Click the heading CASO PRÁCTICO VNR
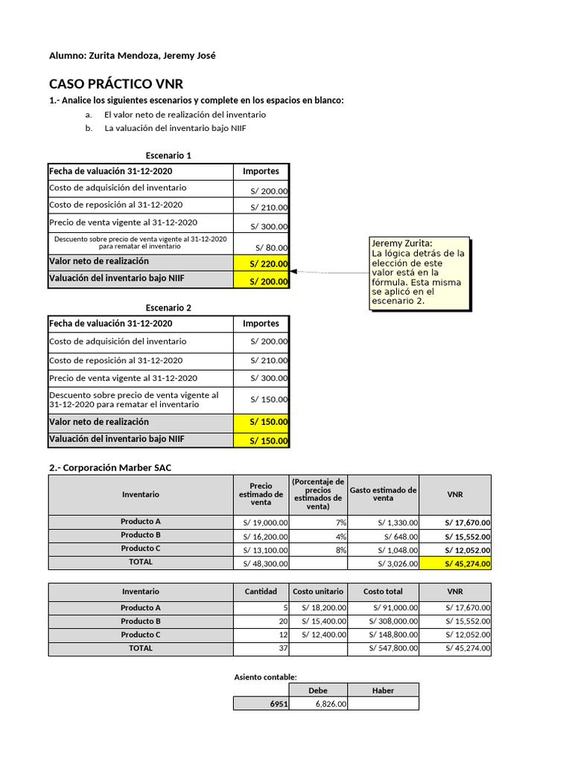tap(115, 83)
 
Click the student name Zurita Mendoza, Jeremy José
tap(151, 56)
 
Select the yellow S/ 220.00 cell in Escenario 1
tap(261, 263)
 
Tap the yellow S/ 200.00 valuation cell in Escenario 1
tap(261, 281)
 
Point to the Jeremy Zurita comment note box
tap(420, 274)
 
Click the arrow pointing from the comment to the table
tap(328, 273)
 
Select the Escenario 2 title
tap(168, 307)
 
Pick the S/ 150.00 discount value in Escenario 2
tap(269, 400)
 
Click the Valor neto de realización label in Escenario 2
tap(99, 422)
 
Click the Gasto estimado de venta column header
tap(383, 494)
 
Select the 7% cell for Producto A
tap(319, 522)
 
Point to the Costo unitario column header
tap(318, 592)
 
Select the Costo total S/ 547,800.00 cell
tap(383, 649)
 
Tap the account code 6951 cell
tap(261, 704)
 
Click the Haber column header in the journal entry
tap(383, 691)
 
